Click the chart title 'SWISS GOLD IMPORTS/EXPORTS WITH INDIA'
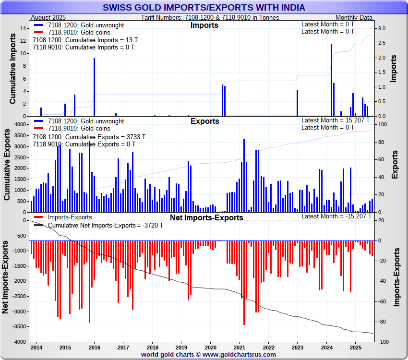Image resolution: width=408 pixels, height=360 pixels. tap(204, 8)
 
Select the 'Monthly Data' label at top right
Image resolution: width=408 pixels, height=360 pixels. tap(354, 17)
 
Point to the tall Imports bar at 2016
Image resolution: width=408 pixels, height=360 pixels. tap(94, 87)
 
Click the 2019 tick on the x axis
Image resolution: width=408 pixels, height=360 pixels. tap(181, 347)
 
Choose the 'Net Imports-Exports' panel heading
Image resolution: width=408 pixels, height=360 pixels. tap(206, 217)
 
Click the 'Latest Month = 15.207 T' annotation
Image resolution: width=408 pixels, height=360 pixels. tap(336, 120)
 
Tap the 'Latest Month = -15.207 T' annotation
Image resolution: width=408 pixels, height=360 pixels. tap(336, 216)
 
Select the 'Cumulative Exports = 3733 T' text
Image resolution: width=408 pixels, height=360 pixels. tap(89, 137)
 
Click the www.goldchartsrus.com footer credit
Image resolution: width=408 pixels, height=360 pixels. tap(208, 354)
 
